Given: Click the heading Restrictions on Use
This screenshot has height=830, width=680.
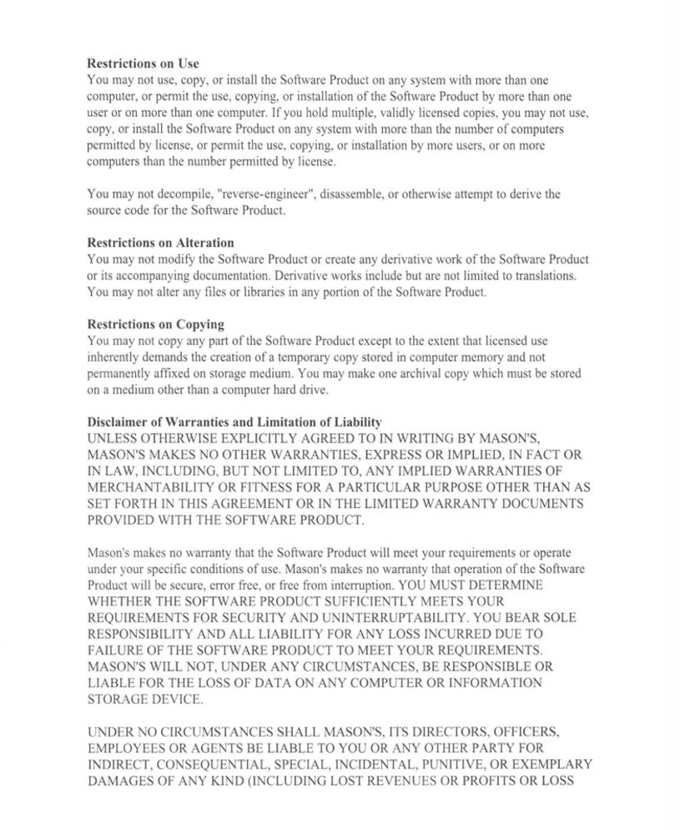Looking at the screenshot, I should tap(143, 63).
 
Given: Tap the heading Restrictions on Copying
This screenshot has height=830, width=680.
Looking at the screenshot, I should tap(155, 324).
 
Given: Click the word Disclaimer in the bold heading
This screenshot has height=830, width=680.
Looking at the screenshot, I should tap(116, 422).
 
